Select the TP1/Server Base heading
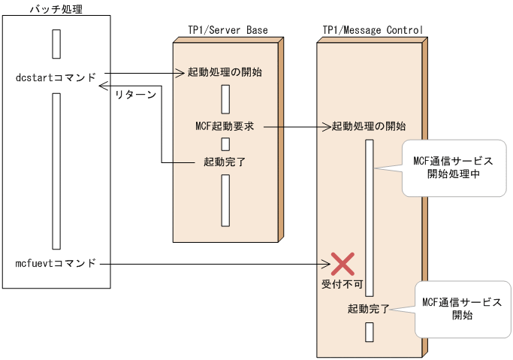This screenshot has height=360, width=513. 228,30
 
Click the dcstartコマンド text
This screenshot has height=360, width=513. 56,77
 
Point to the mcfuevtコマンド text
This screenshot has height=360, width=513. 56,263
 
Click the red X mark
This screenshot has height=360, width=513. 343,263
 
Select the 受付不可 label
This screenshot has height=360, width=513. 343,285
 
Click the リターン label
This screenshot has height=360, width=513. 135,95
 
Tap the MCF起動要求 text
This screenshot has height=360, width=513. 225,127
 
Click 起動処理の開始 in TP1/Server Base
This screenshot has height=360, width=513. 225,73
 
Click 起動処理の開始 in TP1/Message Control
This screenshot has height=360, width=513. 369,126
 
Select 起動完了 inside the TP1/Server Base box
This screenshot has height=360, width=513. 225,162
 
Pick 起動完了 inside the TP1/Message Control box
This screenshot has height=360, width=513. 369,308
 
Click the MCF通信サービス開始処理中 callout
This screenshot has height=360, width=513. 454,168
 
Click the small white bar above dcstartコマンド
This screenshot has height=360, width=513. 56,44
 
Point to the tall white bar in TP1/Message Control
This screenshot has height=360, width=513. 369,218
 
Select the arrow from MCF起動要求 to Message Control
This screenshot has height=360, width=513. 293,127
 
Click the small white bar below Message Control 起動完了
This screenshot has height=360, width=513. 369,331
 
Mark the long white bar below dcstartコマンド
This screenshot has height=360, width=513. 56,171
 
